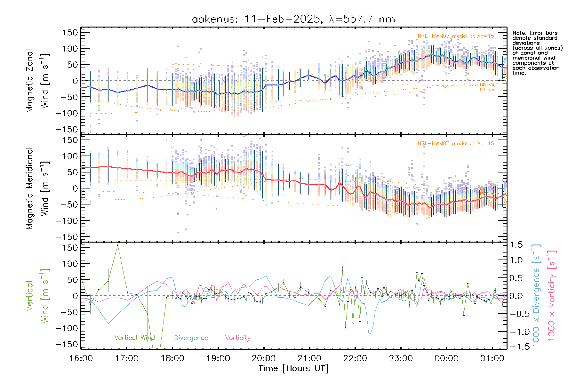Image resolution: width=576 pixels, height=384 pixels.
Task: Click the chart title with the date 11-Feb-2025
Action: pyautogui.click(x=293, y=19)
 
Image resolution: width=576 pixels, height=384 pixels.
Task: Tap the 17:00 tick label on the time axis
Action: pyautogui.click(x=127, y=358)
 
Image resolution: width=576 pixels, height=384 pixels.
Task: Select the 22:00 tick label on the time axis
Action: pyautogui.click(x=355, y=358)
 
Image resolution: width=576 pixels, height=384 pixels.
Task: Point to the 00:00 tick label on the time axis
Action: pyautogui.click(x=446, y=358)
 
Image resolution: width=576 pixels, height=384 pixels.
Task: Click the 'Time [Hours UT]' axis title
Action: pyautogui.click(x=293, y=368)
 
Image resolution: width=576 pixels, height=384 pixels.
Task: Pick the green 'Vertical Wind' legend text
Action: pyautogui.click(x=134, y=338)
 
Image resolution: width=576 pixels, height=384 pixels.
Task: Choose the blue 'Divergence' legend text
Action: pyautogui.click(x=191, y=338)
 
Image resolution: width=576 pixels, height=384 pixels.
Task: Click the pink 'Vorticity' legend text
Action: pyautogui.click(x=237, y=338)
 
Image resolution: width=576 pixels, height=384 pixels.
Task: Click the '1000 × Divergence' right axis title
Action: pyautogui.click(x=536, y=296)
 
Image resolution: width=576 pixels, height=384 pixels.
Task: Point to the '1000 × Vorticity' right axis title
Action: pyautogui.click(x=552, y=296)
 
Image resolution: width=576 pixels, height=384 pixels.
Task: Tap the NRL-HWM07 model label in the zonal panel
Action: pyautogui.click(x=456, y=36)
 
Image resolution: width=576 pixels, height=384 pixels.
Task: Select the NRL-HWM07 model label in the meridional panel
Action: pyautogui.click(x=456, y=144)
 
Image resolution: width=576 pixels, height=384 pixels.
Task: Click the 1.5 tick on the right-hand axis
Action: pyautogui.click(x=516, y=245)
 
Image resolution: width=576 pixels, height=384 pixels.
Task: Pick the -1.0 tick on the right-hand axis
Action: pyautogui.click(x=516, y=332)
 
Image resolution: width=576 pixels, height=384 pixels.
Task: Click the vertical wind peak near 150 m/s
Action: pyautogui.click(x=118, y=245)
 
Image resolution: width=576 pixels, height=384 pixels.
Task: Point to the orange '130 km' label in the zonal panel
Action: pyautogui.click(x=486, y=89)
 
